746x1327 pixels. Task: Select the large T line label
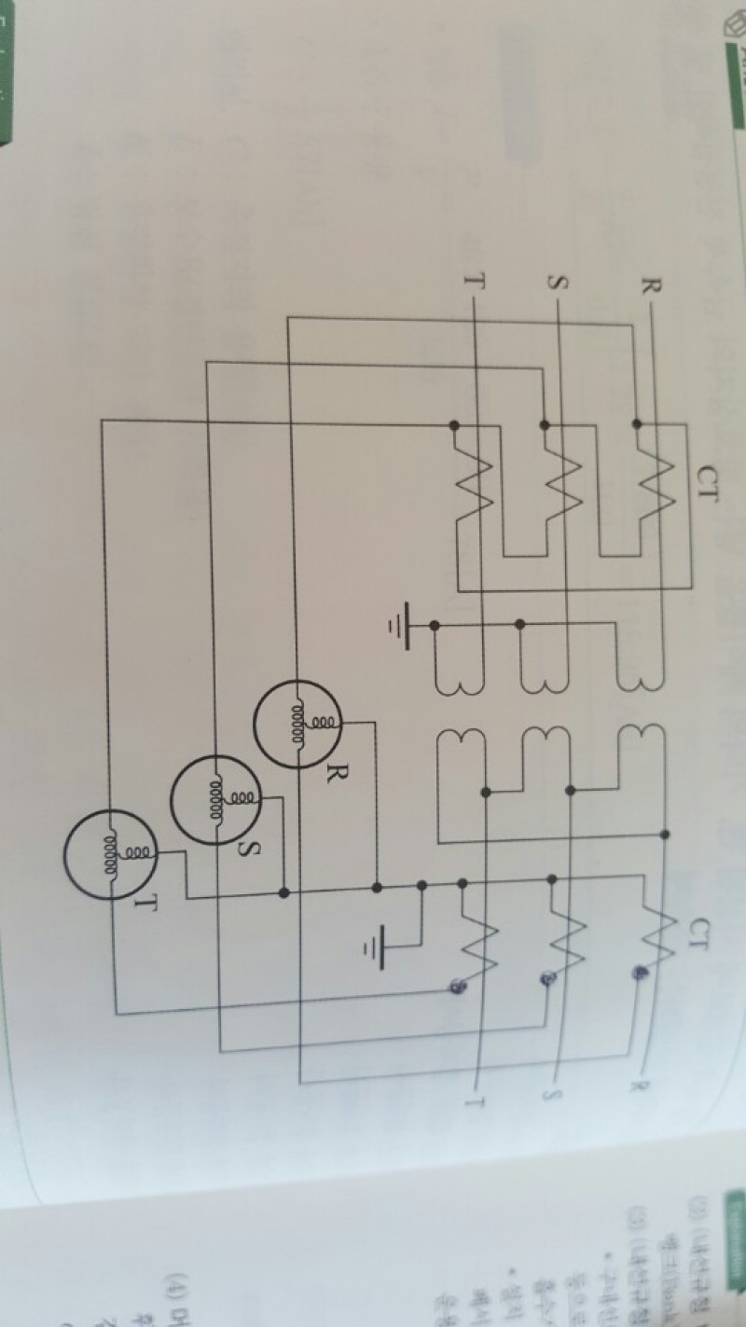pyautogui.click(x=472, y=279)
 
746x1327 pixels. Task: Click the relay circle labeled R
pyautogui.click(x=297, y=724)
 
